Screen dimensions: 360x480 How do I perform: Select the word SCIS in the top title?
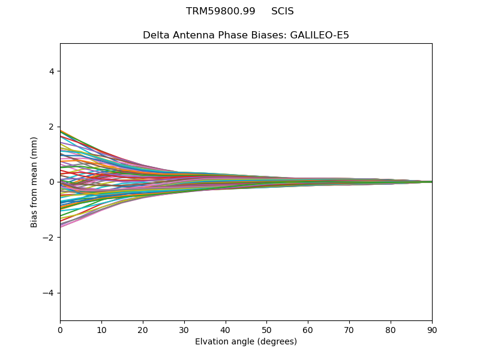[x=283, y=11]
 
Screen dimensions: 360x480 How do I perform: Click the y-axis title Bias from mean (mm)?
[x=34, y=182]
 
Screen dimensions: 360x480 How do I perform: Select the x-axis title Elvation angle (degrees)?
[x=246, y=342]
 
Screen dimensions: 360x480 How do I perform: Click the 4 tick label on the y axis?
[x=52, y=71]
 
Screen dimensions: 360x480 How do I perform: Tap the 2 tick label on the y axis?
[x=52, y=127]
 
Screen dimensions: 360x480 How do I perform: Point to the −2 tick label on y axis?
[x=49, y=238]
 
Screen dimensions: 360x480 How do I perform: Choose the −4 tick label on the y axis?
[x=49, y=293]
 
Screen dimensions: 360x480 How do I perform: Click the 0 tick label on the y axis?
[x=52, y=182]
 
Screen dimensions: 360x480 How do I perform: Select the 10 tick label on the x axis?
[x=101, y=330]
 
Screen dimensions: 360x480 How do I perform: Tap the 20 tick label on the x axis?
[x=143, y=330]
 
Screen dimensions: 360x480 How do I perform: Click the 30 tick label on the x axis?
[x=184, y=330]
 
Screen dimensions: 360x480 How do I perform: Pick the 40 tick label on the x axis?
[x=226, y=330]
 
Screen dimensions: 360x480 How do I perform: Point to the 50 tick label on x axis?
[x=266, y=330]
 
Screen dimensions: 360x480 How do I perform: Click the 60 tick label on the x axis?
[x=308, y=330]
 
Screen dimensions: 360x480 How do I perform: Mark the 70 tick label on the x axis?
[x=349, y=330]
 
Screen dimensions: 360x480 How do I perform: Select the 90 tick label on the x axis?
[x=432, y=330]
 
